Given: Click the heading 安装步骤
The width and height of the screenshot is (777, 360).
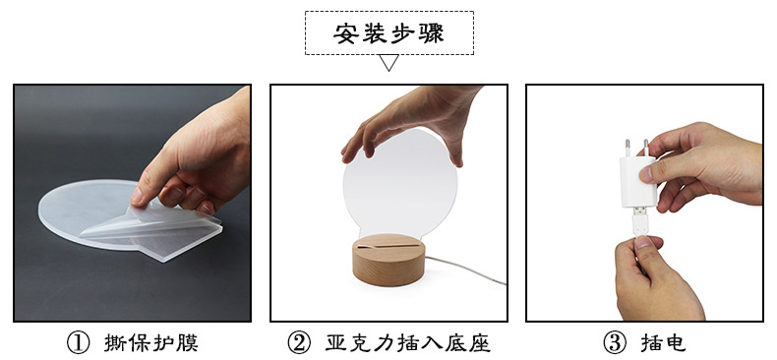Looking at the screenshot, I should (x=388, y=32).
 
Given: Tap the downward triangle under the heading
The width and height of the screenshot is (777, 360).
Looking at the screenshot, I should (x=388, y=64).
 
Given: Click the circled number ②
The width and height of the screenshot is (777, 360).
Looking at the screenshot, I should (x=299, y=342).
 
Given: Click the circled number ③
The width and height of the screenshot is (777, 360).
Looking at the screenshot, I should (x=614, y=342).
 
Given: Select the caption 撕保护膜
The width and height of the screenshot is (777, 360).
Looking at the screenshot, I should (x=156, y=342).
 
